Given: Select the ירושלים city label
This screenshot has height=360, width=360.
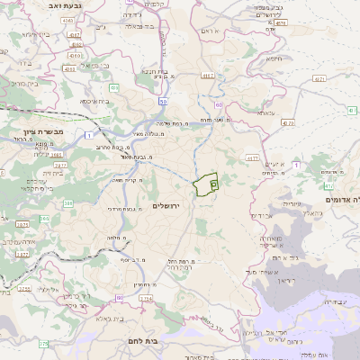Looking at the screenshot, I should (x=167, y=206).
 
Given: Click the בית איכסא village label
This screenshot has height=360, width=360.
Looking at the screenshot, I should (x=97, y=102).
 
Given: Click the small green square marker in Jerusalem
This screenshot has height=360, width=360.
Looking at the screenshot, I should (x=213, y=184).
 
